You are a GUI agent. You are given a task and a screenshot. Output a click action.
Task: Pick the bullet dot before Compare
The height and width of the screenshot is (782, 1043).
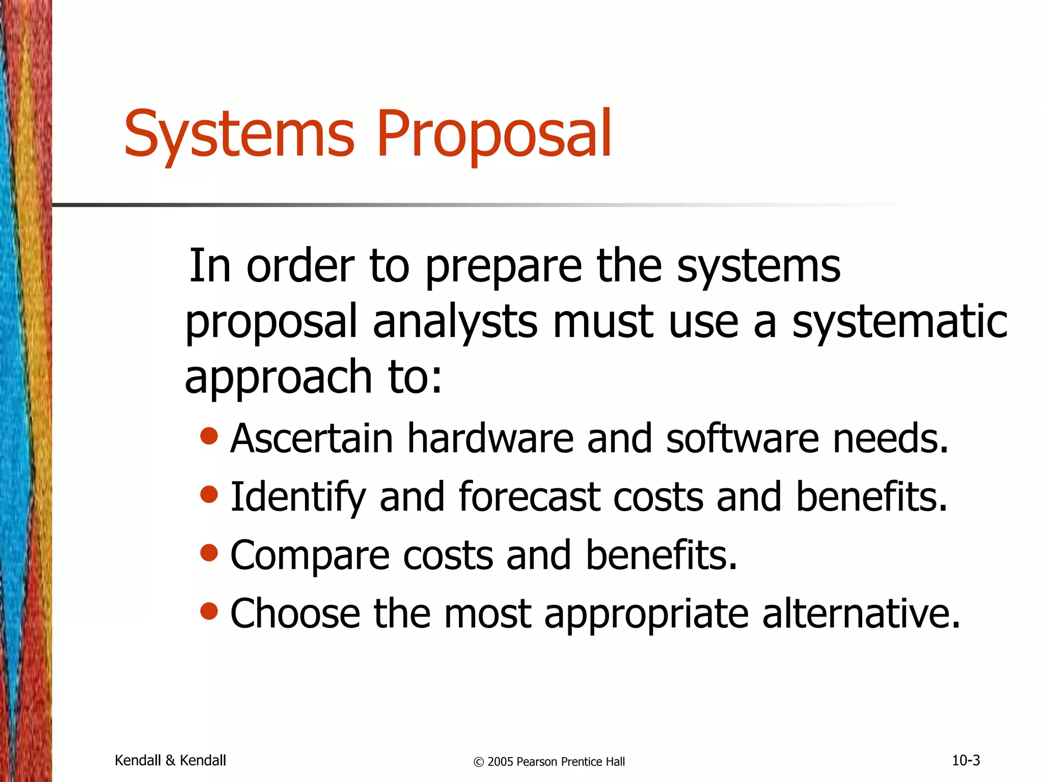[x=209, y=552]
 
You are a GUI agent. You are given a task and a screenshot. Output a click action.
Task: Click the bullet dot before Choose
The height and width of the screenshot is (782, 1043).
[x=209, y=610]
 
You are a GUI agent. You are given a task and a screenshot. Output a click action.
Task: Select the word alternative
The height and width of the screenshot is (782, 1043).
[x=861, y=613]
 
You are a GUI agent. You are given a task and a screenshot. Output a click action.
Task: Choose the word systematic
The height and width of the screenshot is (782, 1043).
[x=899, y=322]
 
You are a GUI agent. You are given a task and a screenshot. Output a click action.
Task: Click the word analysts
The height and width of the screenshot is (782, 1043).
[x=455, y=322]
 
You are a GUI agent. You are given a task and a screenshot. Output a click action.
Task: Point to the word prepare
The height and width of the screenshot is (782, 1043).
[x=503, y=268]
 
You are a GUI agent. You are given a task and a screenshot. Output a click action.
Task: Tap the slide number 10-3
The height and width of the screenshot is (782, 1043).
[x=966, y=760]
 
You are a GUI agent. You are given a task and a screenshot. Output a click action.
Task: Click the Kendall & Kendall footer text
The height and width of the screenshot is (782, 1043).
[x=170, y=760]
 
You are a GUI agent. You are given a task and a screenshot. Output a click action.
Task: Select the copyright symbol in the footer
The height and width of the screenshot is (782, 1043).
[x=478, y=762]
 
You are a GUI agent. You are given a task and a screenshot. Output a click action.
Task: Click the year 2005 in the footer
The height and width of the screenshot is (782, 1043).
[x=500, y=762]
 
